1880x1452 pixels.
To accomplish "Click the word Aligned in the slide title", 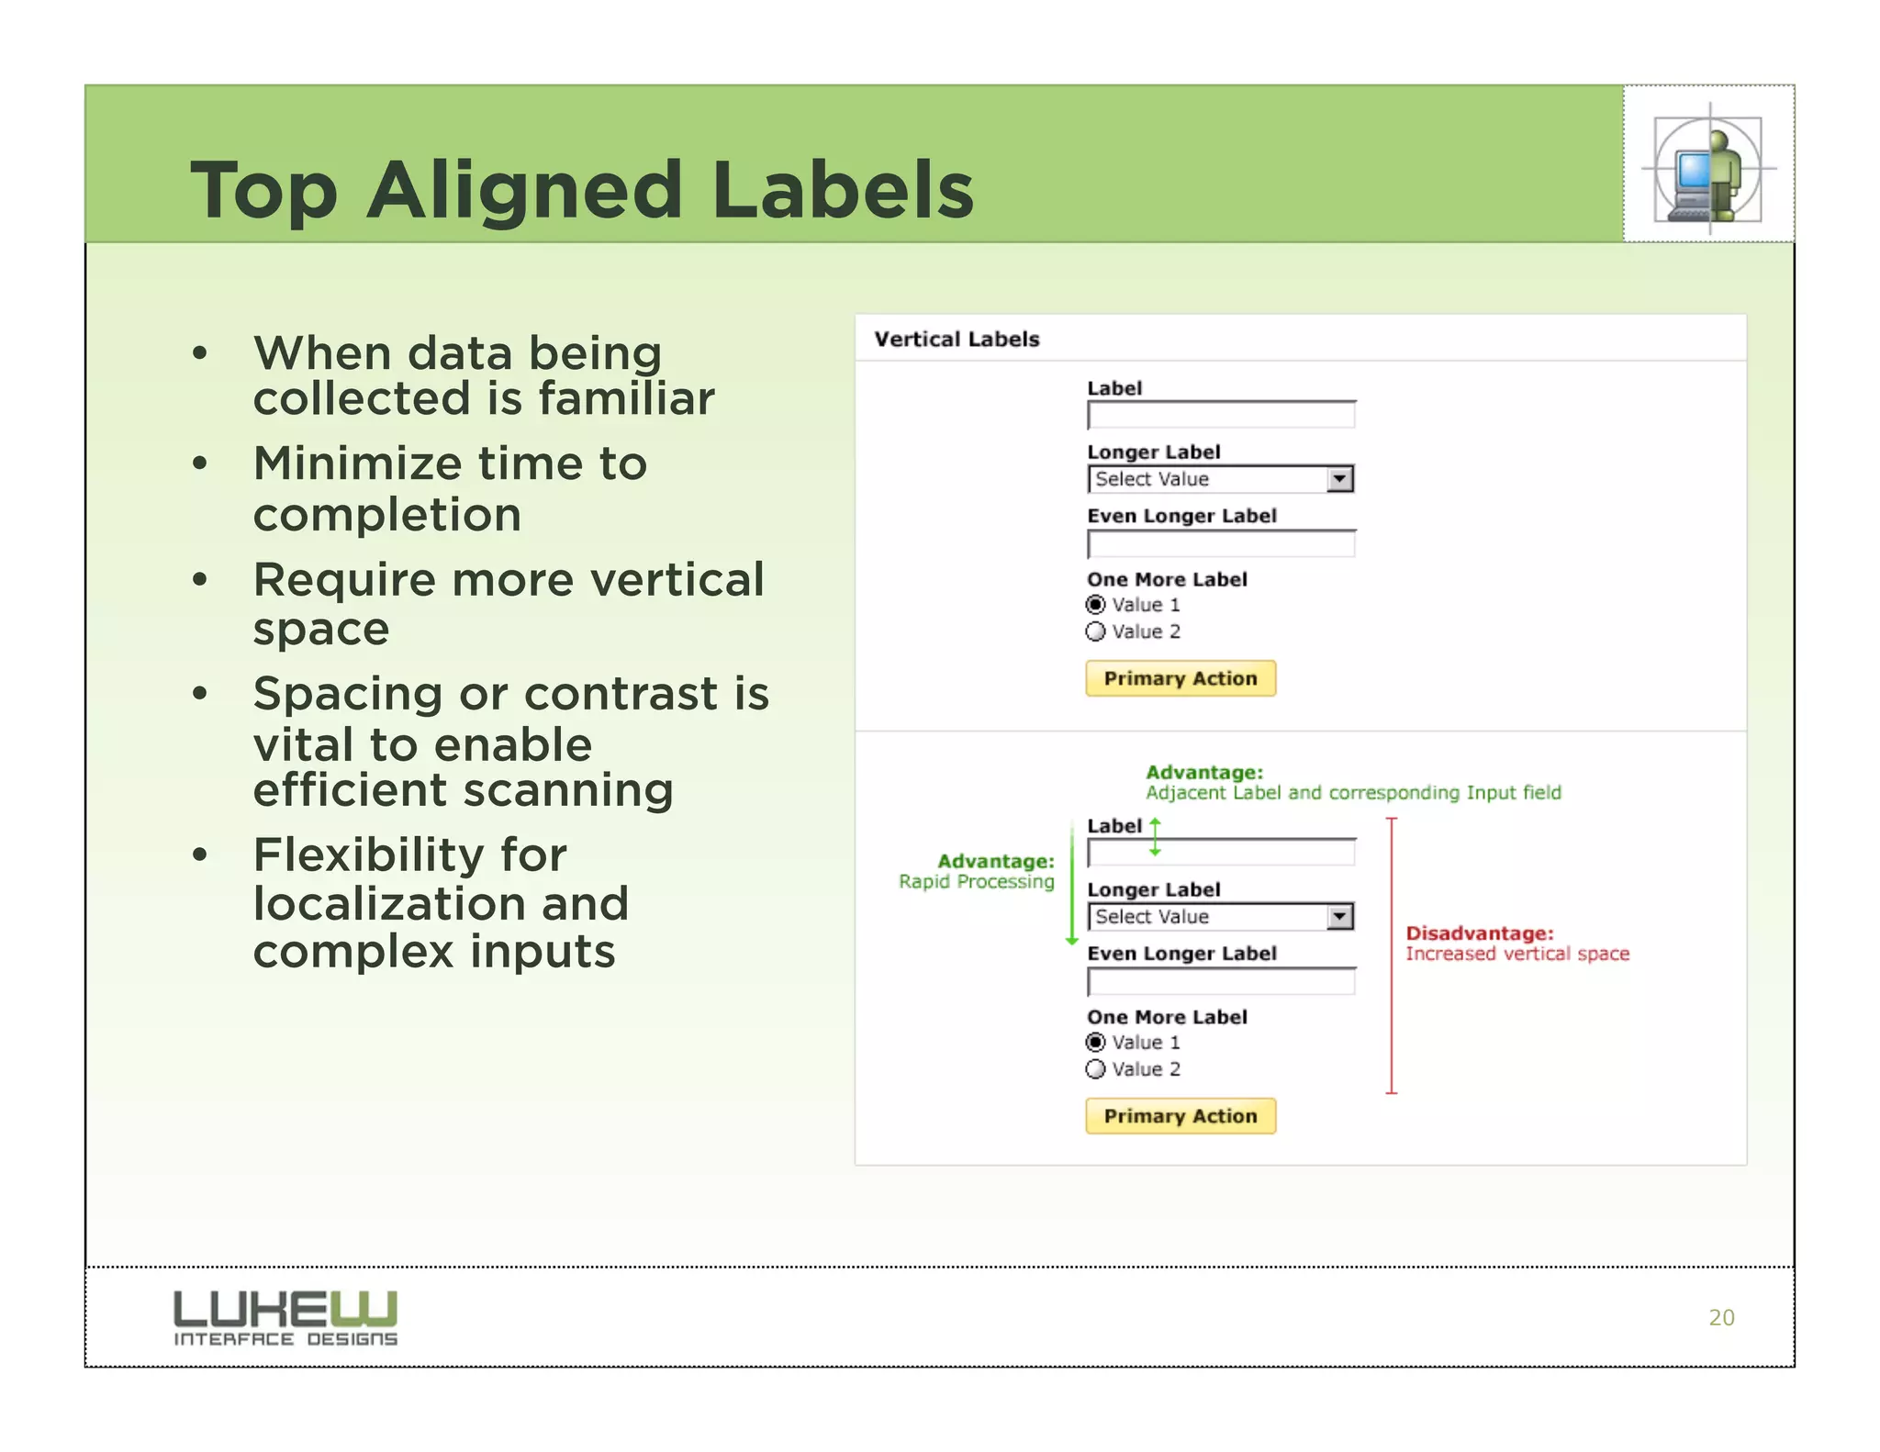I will click(524, 191).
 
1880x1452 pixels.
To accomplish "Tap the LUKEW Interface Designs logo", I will click(285, 1317).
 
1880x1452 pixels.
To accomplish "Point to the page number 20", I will click(1721, 1317).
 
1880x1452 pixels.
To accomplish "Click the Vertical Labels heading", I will click(957, 340).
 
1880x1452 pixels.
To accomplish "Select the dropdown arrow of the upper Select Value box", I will click(1339, 479).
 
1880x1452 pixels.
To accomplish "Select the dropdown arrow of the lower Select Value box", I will click(1339, 917).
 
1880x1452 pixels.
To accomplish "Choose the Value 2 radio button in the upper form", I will click(1095, 631).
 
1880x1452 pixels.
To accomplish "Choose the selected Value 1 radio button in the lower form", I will click(1095, 1043).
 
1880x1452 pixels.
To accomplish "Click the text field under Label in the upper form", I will click(1220, 416).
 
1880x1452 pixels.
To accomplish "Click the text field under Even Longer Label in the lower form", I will click(1220, 982).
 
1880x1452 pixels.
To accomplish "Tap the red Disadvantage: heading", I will click(1479, 933).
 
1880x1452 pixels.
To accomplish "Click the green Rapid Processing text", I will click(976, 882).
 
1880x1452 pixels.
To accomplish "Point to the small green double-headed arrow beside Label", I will click(1155, 837).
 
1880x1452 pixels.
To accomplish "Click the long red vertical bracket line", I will click(1392, 955).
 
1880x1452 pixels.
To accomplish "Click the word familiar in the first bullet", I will click(626, 399).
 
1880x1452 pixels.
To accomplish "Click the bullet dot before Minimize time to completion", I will click(200, 464).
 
